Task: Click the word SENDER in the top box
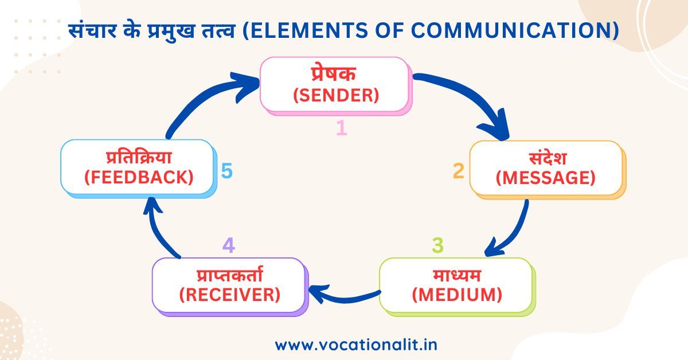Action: (336, 95)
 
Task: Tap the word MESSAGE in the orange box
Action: (546, 178)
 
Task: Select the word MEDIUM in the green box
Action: (457, 295)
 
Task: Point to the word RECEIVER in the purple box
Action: (230, 295)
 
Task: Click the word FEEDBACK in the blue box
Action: (139, 178)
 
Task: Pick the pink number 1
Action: (342, 128)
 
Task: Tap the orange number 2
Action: (459, 171)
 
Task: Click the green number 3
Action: (437, 245)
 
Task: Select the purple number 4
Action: (229, 245)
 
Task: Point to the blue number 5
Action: (227, 171)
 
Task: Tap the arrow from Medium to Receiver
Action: (344, 298)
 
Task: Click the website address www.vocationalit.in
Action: (356, 345)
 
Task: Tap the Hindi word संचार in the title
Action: (92, 30)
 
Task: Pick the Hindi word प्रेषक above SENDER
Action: (334, 74)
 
